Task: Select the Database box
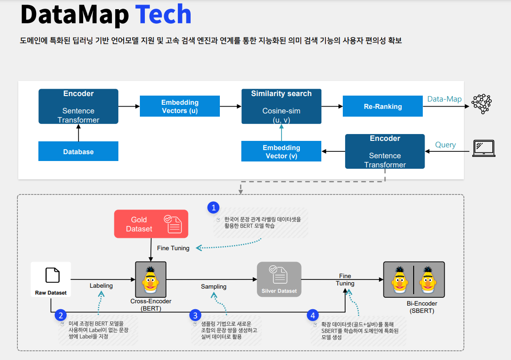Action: (x=78, y=151)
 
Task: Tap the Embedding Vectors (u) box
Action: (x=180, y=106)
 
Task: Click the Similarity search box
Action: (x=281, y=106)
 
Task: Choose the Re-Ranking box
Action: (x=383, y=106)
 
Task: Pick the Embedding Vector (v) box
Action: (x=281, y=151)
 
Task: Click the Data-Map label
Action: (x=444, y=99)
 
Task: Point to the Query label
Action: (x=445, y=145)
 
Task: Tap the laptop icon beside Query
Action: (x=484, y=148)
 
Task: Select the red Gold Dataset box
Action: (x=151, y=224)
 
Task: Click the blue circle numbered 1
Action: (x=213, y=208)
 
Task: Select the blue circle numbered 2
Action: (x=61, y=315)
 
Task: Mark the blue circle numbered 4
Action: (x=313, y=315)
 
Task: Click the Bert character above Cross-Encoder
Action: (x=151, y=279)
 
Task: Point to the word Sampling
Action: (x=213, y=286)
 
